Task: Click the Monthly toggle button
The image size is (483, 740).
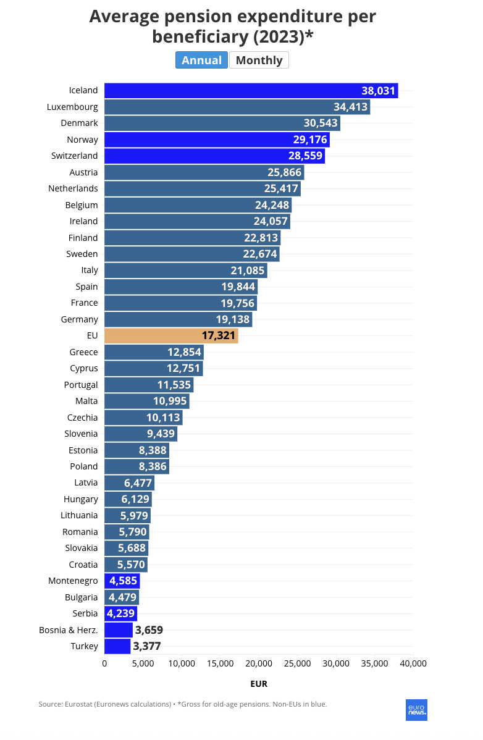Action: [259, 60]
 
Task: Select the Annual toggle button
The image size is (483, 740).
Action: [201, 60]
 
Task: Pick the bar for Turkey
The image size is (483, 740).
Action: [117, 646]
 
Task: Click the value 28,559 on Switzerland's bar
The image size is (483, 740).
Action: [305, 156]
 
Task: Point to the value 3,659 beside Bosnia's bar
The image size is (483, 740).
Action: [148, 630]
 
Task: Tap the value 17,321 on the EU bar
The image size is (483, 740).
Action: [219, 335]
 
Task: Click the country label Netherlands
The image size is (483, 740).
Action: [73, 188]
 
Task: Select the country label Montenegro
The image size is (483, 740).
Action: [73, 581]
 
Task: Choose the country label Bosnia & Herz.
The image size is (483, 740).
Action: [69, 630]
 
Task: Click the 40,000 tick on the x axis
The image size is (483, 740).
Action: [413, 663]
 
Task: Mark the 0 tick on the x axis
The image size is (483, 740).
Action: [104, 663]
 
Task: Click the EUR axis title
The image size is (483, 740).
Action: [259, 684]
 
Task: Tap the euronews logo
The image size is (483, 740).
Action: [416, 710]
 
